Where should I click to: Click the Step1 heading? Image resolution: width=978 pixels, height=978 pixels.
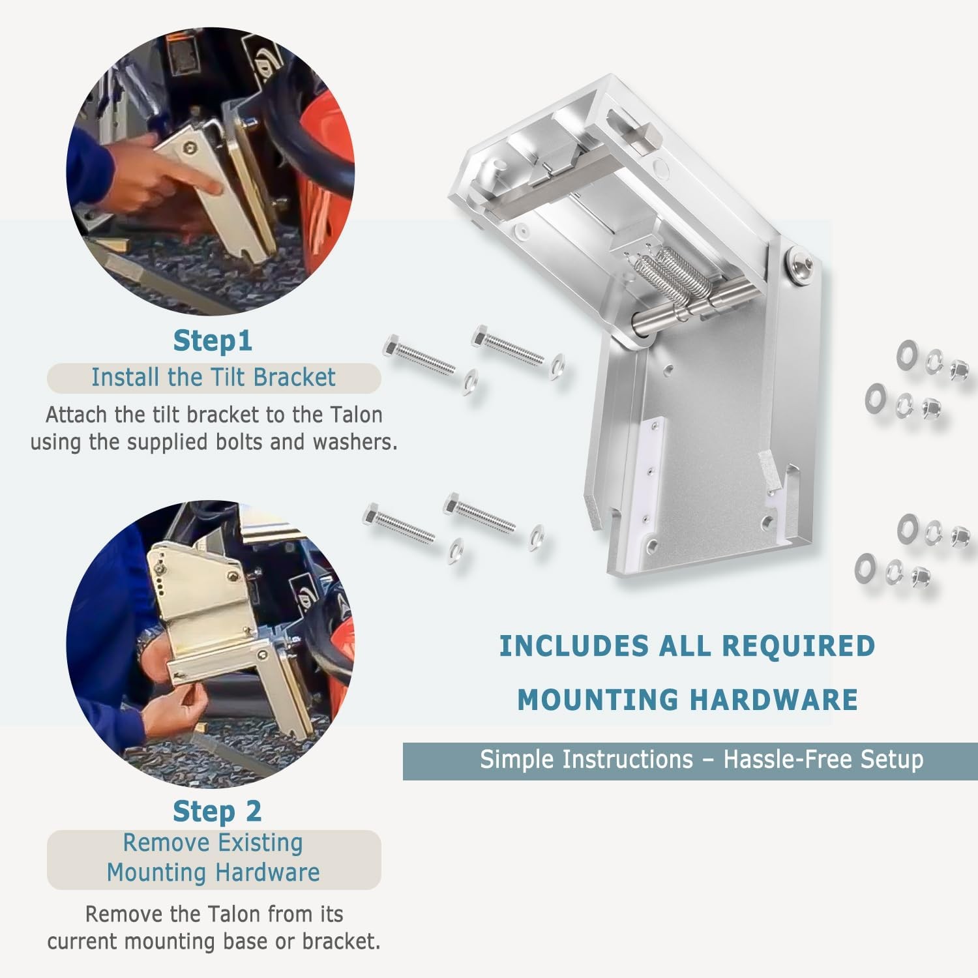coord(213,340)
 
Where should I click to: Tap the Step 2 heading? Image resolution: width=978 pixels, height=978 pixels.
coord(217,811)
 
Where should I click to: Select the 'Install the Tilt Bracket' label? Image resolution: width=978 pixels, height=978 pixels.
coord(213,378)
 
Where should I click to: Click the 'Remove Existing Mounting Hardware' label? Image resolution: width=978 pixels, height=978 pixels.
coord(213,857)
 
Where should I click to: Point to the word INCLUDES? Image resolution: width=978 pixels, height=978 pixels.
coord(574,646)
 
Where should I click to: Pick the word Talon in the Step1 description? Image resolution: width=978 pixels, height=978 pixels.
coord(356,415)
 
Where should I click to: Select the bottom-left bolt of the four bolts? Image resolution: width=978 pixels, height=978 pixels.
coord(399,524)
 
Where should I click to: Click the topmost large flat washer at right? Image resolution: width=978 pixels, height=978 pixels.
coord(907,355)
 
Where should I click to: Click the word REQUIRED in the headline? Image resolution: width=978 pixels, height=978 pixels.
coord(799,646)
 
